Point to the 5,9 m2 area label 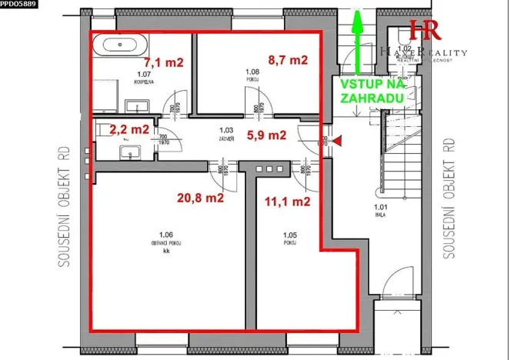pos(266,135)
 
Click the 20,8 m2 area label pos(199,198)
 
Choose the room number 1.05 pos(289,235)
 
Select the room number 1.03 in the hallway pos(225,131)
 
